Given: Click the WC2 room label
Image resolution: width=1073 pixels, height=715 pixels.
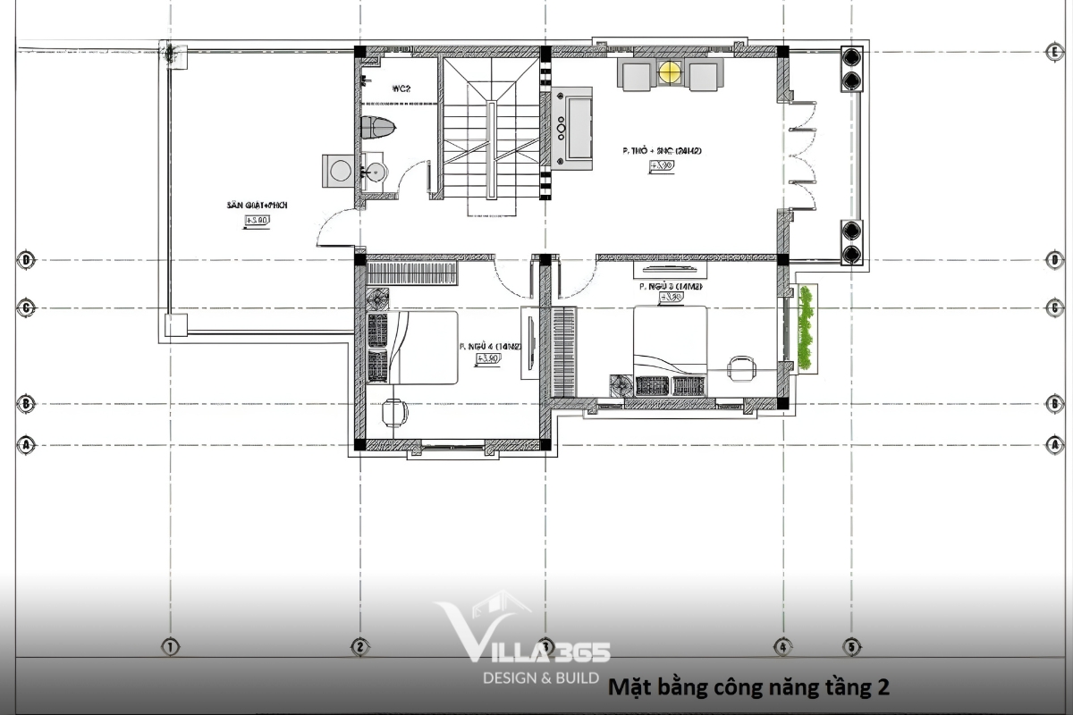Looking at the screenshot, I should (x=401, y=88).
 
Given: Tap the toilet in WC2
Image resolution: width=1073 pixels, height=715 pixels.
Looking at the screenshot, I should (x=377, y=126).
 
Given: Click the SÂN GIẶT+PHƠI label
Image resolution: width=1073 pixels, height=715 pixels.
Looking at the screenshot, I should (x=257, y=206).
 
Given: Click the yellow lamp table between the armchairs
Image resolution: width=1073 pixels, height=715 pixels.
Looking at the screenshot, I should (x=669, y=72).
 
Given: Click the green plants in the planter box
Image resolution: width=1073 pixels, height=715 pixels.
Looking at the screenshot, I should (x=807, y=328).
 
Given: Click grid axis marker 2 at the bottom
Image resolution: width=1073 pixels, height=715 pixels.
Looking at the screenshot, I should (x=359, y=645).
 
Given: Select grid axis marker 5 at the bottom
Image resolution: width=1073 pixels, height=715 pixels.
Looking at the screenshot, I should (x=851, y=645).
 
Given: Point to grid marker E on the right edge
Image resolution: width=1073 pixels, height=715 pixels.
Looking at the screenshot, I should (x=1055, y=51).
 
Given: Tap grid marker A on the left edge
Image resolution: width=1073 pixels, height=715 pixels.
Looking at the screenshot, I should (x=27, y=444).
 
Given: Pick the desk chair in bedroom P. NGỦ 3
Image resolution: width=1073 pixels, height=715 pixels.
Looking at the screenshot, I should (x=740, y=368).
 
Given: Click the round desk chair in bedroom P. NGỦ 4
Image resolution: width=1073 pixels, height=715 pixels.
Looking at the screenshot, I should (x=393, y=412).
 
